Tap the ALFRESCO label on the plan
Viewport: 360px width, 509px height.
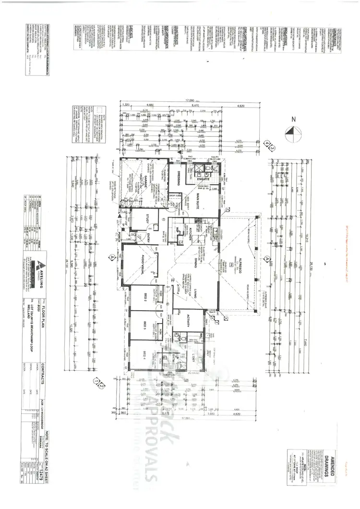pos(237,264)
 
